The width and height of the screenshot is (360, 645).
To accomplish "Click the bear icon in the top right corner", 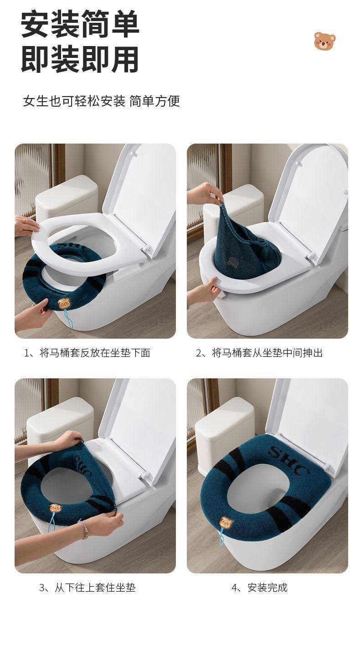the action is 324,41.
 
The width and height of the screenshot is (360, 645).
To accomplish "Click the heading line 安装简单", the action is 80,24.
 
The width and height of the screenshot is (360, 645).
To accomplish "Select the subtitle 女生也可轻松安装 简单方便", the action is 101,101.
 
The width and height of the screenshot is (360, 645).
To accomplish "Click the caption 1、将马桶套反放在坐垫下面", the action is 87,353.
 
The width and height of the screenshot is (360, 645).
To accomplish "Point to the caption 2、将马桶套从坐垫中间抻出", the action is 259,353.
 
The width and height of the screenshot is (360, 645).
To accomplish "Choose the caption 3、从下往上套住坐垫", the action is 87,588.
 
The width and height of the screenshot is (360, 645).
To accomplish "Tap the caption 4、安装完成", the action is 259,588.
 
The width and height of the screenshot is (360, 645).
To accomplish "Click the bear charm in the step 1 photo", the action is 63,304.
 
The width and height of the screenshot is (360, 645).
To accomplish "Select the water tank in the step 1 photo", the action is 67,196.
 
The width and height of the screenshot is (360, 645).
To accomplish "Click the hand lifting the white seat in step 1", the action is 26,226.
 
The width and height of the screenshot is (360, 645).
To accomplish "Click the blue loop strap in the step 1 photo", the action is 70,319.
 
